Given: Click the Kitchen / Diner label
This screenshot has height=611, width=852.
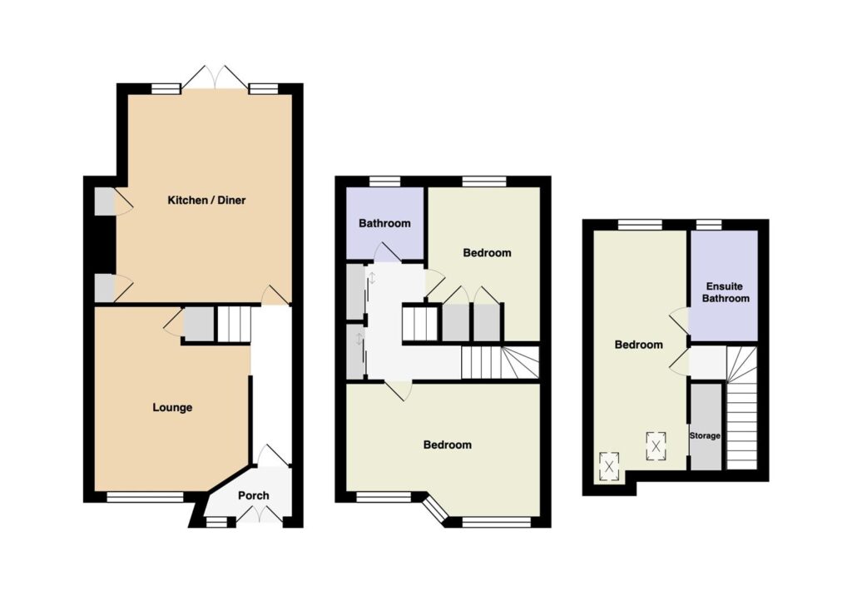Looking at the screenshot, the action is pos(206,200).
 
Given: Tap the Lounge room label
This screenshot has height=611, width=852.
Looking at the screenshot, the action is pos(172,407).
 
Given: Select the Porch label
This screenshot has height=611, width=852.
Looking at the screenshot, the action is pos(253,495).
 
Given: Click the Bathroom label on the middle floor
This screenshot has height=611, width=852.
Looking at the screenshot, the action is pos(384,223).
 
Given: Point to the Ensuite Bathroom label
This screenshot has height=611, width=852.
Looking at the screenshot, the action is pos(726,292).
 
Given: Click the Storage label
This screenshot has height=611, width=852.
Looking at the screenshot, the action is pos(705,435).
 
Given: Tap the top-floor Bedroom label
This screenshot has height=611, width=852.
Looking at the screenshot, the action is pos(638,345).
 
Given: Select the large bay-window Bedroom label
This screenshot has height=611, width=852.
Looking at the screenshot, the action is pos(447,445).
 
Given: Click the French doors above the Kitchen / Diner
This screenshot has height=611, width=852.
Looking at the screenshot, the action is pos(215,77).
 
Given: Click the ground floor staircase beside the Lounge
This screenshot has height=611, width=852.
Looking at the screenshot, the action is pos(235,324).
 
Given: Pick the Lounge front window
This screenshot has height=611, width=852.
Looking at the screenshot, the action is pos(145,497).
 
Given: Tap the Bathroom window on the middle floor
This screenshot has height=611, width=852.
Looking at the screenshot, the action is pos(385,181).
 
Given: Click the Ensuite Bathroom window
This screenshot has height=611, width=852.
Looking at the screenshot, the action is pos(709,225).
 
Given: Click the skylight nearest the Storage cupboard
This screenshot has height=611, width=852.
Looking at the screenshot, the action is pos(656,446).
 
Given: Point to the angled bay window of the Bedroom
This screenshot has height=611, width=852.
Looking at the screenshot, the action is pos(435,507).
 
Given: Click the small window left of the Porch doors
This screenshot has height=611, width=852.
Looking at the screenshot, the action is pos(217,522).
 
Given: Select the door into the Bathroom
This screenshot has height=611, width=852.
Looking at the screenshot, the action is pos(387,252).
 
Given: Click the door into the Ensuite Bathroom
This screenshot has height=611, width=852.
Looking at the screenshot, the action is pos(679,320).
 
